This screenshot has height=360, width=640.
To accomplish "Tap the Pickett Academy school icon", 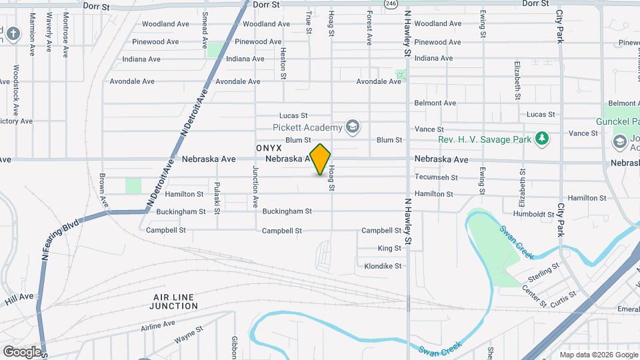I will tap(353, 127).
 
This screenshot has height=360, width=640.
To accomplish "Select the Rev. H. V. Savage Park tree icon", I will tap(543, 139).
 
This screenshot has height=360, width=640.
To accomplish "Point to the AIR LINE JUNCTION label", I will tap(175, 301).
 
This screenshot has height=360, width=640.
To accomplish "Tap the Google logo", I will tap(22, 351).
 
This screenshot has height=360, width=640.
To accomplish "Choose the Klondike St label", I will tap(383, 266).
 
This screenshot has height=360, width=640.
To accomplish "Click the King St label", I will tap(389, 248).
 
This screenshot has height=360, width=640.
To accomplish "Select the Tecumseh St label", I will tap(436, 177).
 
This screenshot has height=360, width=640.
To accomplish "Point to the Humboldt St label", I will tap(533, 214).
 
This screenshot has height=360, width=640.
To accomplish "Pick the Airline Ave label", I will tap(157, 326).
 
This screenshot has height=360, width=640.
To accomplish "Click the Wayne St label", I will tap(189, 335).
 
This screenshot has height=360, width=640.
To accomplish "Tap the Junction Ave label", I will tap(255, 187).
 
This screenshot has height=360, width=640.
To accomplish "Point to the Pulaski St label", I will tap(217, 197).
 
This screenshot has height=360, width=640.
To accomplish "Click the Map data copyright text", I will tap(599, 355).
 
